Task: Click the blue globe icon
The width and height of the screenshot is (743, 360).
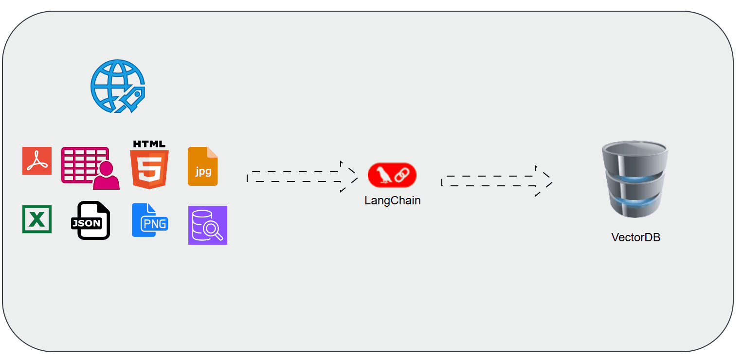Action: tap(117, 86)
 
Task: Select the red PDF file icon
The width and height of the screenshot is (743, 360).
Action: tap(37, 161)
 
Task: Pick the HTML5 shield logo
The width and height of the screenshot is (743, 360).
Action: tap(149, 169)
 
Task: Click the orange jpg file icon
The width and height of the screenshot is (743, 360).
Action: tap(203, 166)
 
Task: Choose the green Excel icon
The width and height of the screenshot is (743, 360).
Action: tap(37, 219)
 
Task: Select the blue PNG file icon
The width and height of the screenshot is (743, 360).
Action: tap(150, 220)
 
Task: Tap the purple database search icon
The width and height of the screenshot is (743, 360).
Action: tap(208, 225)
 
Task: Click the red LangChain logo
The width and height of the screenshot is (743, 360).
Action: tap(392, 175)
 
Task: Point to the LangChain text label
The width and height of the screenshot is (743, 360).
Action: tap(392, 200)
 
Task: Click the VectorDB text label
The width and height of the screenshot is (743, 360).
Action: tap(635, 238)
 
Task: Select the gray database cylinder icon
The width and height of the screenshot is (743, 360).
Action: tap(635, 179)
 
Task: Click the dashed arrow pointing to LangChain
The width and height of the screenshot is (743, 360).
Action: tap(302, 177)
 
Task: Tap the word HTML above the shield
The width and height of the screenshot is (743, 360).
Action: tap(149, 144)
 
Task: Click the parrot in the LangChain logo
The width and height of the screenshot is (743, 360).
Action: tap(384, 175)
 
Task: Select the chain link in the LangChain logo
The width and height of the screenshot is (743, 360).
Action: tap(401, 175)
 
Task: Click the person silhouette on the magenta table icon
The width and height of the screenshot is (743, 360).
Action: tap(107, 176)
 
